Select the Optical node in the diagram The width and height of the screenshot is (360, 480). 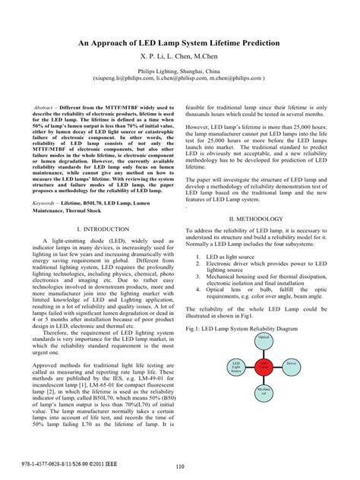click(264, 336)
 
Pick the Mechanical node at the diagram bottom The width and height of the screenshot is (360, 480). click(264, 393)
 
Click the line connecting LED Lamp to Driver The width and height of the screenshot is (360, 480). click(278, 365)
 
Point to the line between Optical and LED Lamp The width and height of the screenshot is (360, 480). click(264, 351)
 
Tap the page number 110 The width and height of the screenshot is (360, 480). click(180, 467)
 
